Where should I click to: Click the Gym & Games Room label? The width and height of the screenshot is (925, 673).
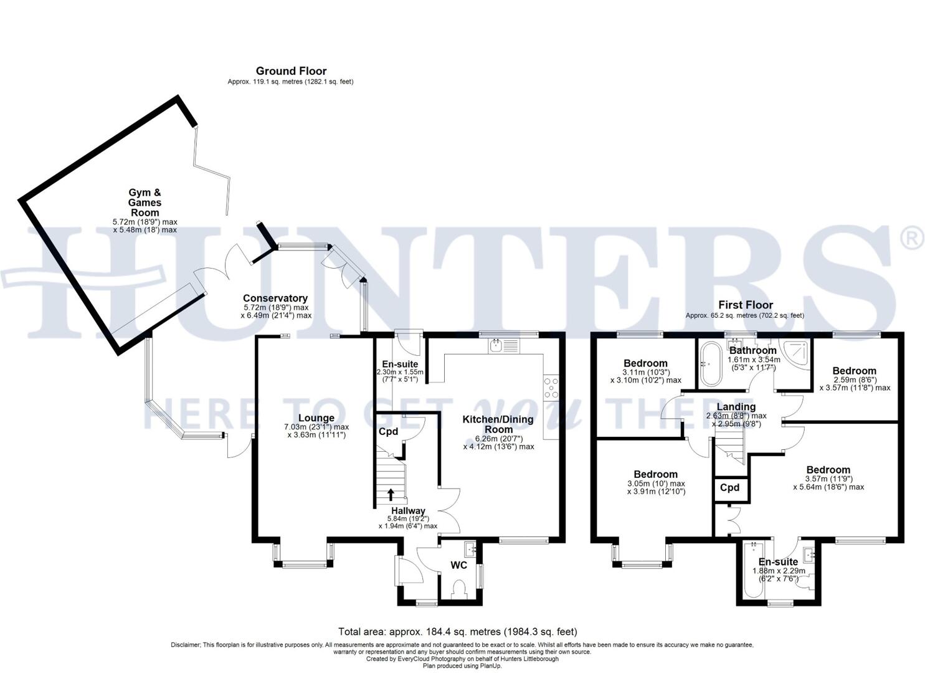click(x=145, y=203)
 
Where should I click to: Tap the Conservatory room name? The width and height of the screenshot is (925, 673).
click(x=275, y=298)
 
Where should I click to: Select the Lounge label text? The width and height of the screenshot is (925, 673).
click(x=316, y=418)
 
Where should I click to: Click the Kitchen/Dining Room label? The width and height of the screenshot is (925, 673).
click(x=498, y=424)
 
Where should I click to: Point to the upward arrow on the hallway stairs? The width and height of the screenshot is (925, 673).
click(x=391, y=494)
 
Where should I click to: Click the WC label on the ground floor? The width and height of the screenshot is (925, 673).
click(x=459, y=566)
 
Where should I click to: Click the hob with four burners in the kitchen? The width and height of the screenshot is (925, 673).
click(x=551, y=388)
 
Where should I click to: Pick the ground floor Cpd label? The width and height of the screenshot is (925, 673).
click(x=388, y=431)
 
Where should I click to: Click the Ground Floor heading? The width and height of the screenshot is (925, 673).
click(x=291, y=71)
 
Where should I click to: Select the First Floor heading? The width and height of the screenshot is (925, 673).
click(x=746, y=305)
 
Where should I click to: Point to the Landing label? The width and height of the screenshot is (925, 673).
click(x=736, y=407)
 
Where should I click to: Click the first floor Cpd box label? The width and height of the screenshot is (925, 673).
click(x=729, y=487)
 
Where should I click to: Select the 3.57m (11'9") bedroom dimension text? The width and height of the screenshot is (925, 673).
click(x=828, y=479)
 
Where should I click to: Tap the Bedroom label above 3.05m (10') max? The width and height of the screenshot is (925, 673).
click(x=655, y=474)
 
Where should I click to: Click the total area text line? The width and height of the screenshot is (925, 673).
click(x=457, y=632)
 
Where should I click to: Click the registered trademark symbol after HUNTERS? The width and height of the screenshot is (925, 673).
click(x=913, y=239)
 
